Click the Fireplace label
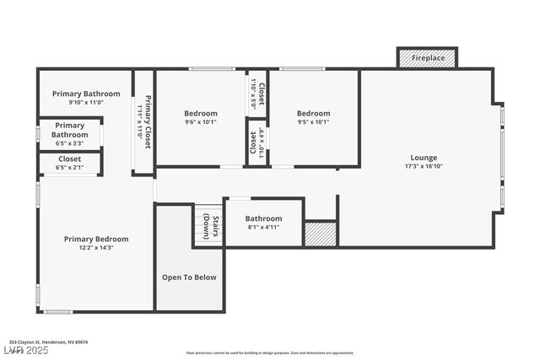[427, 58]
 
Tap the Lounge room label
[424, 158]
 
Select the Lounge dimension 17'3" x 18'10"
[424, 166]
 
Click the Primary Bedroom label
[96, 239]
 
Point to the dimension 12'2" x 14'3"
[96, 248]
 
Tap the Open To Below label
[189, 277]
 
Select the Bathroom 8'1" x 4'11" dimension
[263, 227]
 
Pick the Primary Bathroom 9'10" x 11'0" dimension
[85, 103]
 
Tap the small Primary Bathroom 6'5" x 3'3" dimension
[69, 143]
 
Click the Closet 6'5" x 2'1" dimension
[69, 167]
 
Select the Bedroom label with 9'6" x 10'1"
[201, 113]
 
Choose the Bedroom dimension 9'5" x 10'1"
[313, 121]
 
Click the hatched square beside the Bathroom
[320, 234]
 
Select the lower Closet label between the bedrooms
[253, 142]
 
